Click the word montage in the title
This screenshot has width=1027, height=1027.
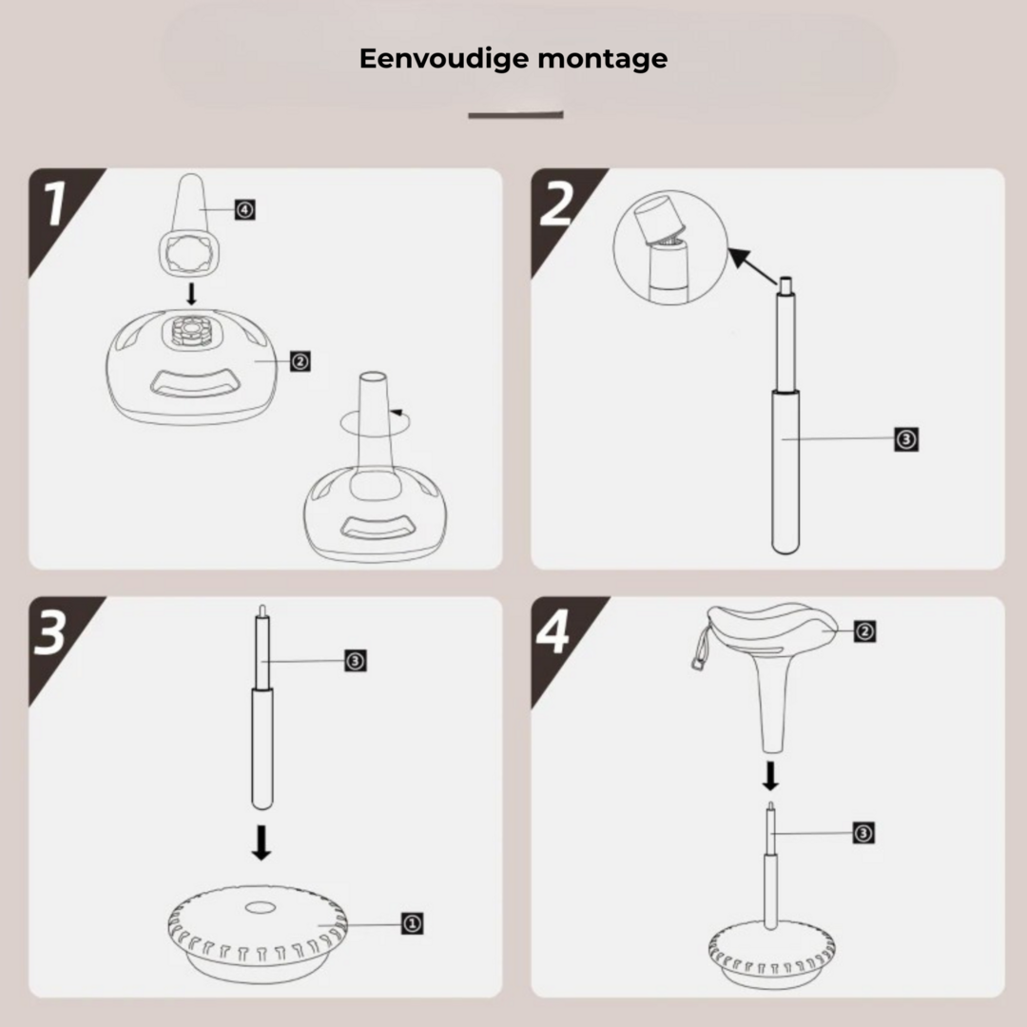603,60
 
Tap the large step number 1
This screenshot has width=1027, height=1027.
55,203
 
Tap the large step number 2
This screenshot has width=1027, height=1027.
556,203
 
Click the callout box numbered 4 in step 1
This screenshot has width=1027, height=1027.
245,209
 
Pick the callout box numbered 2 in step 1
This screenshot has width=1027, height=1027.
300,361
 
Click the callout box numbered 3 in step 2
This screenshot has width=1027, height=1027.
906,438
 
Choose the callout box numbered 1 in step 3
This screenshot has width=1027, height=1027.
412,923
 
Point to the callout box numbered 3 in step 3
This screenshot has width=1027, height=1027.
356,661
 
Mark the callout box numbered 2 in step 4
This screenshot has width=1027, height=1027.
864,631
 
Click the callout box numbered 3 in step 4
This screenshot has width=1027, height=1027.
863,833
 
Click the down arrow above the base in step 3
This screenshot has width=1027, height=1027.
262,843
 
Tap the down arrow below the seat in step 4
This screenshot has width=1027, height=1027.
771,776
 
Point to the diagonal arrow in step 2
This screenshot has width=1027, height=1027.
753,266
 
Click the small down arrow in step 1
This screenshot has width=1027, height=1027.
191,294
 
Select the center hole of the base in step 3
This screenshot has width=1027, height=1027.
261,907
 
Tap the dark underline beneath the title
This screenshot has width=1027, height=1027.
515,115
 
